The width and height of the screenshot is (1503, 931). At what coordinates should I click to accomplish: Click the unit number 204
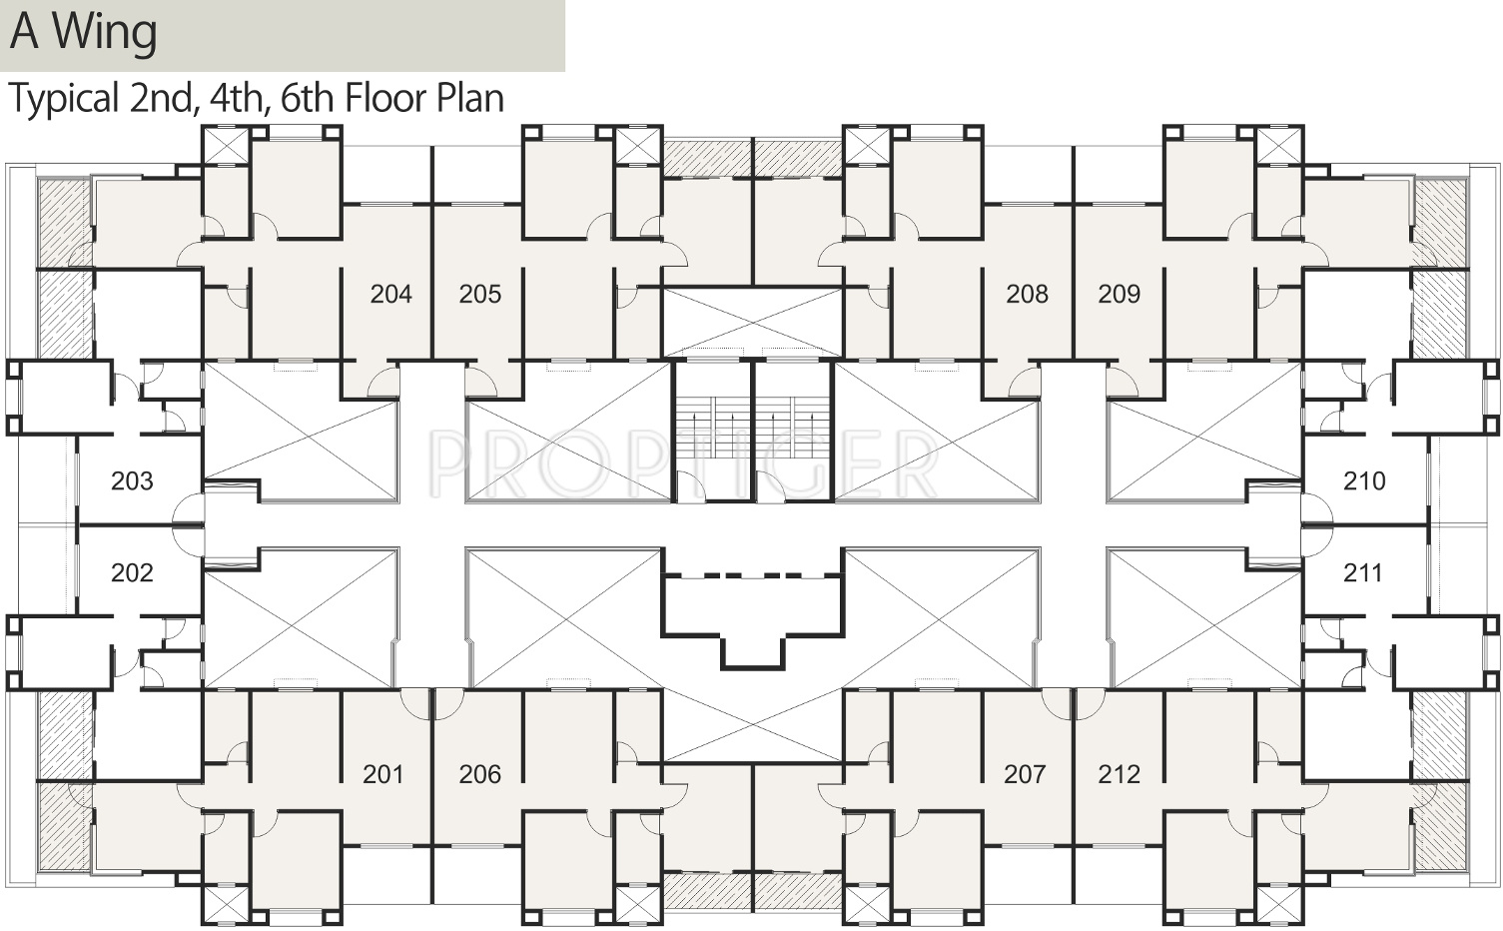(x=391, y=294)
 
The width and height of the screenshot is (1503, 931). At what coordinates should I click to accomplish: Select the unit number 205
(x=480, y=294)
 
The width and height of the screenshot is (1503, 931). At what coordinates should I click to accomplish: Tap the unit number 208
(x=1028, y=294)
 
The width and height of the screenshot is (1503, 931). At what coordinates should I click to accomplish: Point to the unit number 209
(x=1120, y=294)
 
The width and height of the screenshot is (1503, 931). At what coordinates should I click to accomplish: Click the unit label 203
(x=132, y=480)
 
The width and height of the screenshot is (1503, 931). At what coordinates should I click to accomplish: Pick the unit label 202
(x=132, y=572)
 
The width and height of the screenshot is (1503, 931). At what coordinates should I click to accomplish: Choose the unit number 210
(x=1364, y=480)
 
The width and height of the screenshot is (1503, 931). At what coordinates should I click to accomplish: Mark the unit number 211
(x=1363, y=572)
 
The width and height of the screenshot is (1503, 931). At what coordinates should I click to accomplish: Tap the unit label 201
(x=383, y=774)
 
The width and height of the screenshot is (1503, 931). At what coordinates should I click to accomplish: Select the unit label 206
(x=480, y=774)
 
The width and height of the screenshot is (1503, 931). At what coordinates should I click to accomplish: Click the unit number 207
(x=1025, y=774)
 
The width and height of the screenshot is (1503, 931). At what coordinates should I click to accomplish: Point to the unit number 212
(x=1120, y=774)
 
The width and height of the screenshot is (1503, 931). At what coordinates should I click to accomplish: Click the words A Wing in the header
(x=84, y=32)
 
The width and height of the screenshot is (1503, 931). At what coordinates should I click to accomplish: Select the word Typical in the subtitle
(x=64, y=99)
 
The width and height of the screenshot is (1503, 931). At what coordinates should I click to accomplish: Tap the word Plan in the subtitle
(x=470, y=98)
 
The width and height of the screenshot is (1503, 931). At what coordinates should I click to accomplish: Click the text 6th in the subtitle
(x=307, y=98)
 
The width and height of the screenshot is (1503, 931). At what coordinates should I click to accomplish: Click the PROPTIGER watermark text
(x=683, y=464)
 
